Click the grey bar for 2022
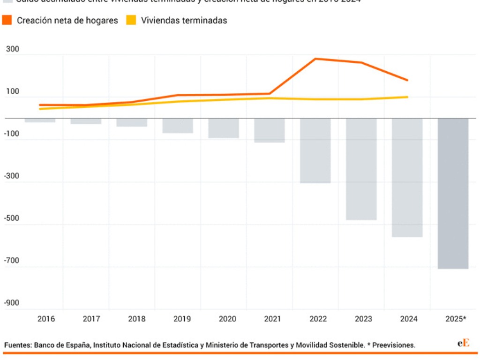point(315,150)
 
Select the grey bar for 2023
point(361,169)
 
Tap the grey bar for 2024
point(407,177)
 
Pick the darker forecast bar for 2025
point(453,193)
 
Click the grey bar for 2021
point(270,130)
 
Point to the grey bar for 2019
point(178,125)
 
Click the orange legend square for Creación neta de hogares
point(7,20)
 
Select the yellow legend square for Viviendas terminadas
point(131,20)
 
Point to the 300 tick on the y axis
point(13,49)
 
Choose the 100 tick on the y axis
point(13,91)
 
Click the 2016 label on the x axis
point(46,319)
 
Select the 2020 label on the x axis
point(227,319)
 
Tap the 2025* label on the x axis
point(455,319)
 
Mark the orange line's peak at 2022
point(315,59)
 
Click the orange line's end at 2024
point(407,80)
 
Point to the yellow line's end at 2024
point(407,97)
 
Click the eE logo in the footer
point(463,344)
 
